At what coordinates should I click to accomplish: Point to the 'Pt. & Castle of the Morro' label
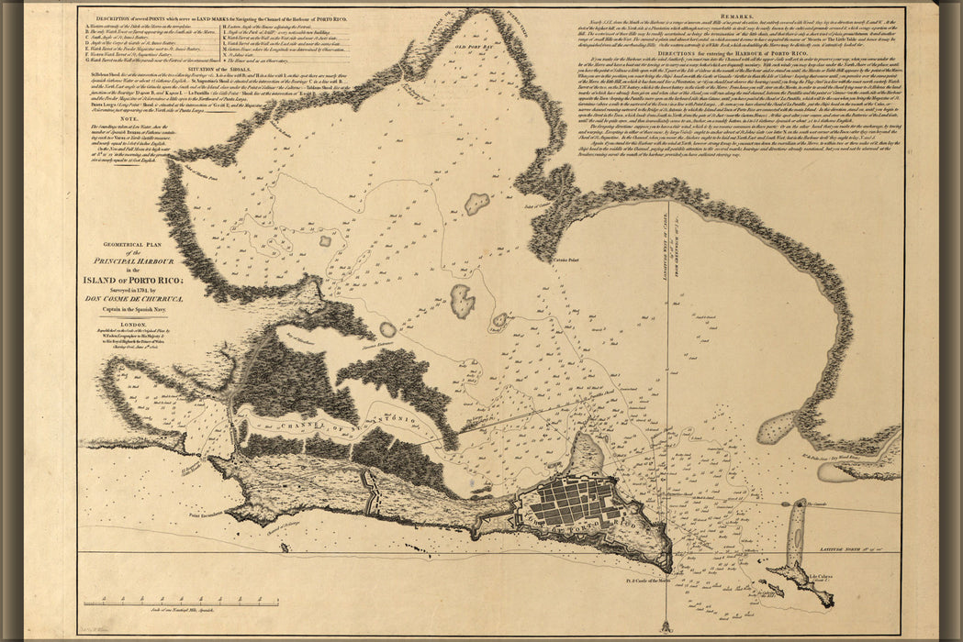click(643, 582)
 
